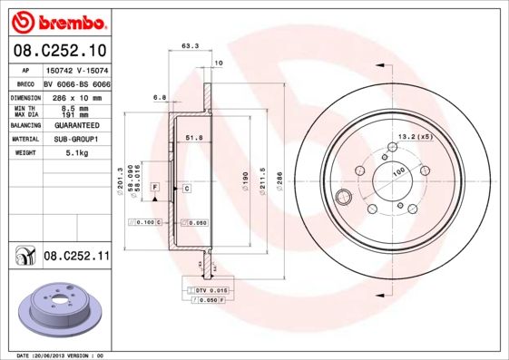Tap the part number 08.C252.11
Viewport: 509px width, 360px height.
point(76,258)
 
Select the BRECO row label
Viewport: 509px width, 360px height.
point(25,83)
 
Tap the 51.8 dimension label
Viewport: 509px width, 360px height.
point(192,137)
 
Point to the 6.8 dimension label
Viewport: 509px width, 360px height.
point(160,96)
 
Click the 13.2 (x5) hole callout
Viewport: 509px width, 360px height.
point(413,137)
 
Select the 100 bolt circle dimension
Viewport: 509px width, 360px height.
point(397,170)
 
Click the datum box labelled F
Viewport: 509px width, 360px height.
point(155,188)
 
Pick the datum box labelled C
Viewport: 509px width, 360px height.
point(186,188)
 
